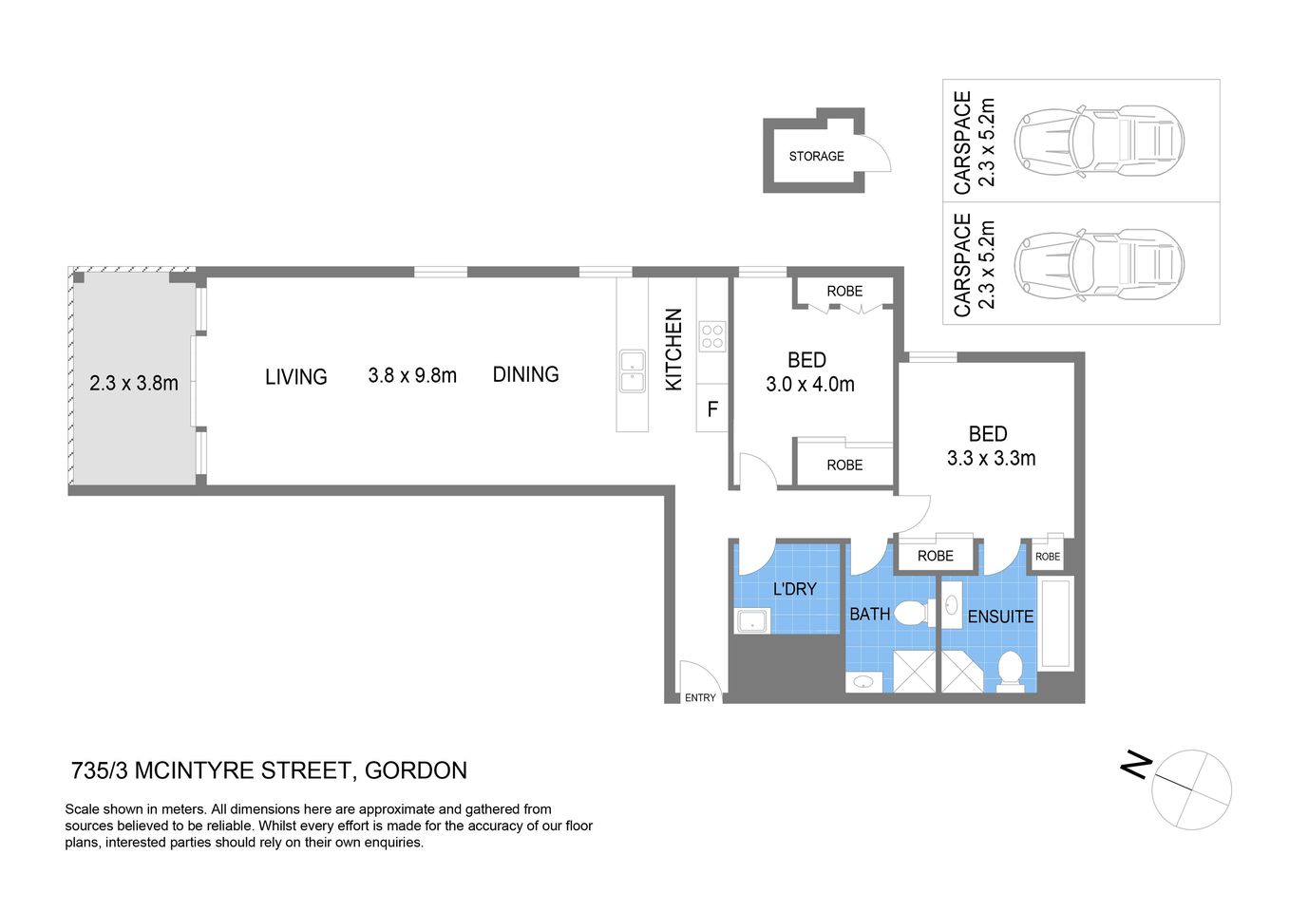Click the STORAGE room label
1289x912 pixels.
816,156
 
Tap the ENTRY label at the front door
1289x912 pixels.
700,697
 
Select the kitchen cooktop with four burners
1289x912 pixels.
711,336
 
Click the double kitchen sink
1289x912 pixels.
632,371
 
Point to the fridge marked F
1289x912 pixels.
712,409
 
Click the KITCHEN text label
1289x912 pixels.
673,350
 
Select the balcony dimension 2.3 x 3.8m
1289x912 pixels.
134,384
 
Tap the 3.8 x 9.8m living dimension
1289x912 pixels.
412,375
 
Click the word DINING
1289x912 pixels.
525,374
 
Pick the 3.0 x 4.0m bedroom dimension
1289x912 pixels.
809,385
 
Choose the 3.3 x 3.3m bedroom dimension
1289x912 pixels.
991,458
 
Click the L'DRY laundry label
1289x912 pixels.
794,589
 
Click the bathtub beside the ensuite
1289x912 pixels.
1055,623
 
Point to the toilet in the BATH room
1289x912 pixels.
912,613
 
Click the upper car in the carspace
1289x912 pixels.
1099,141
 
